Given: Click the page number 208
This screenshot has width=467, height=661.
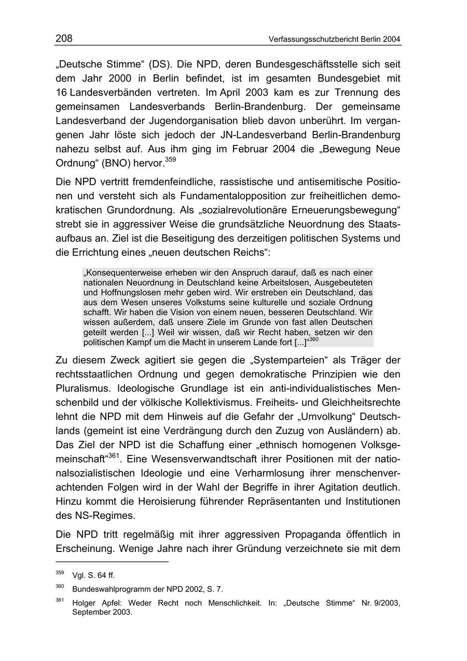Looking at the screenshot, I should (64, 38).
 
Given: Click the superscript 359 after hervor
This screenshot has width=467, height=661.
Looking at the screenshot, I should (171, 159).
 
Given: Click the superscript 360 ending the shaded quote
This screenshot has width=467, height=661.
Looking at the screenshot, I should (314, 340).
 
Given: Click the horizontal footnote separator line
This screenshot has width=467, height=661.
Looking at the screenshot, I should (112, 562).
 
